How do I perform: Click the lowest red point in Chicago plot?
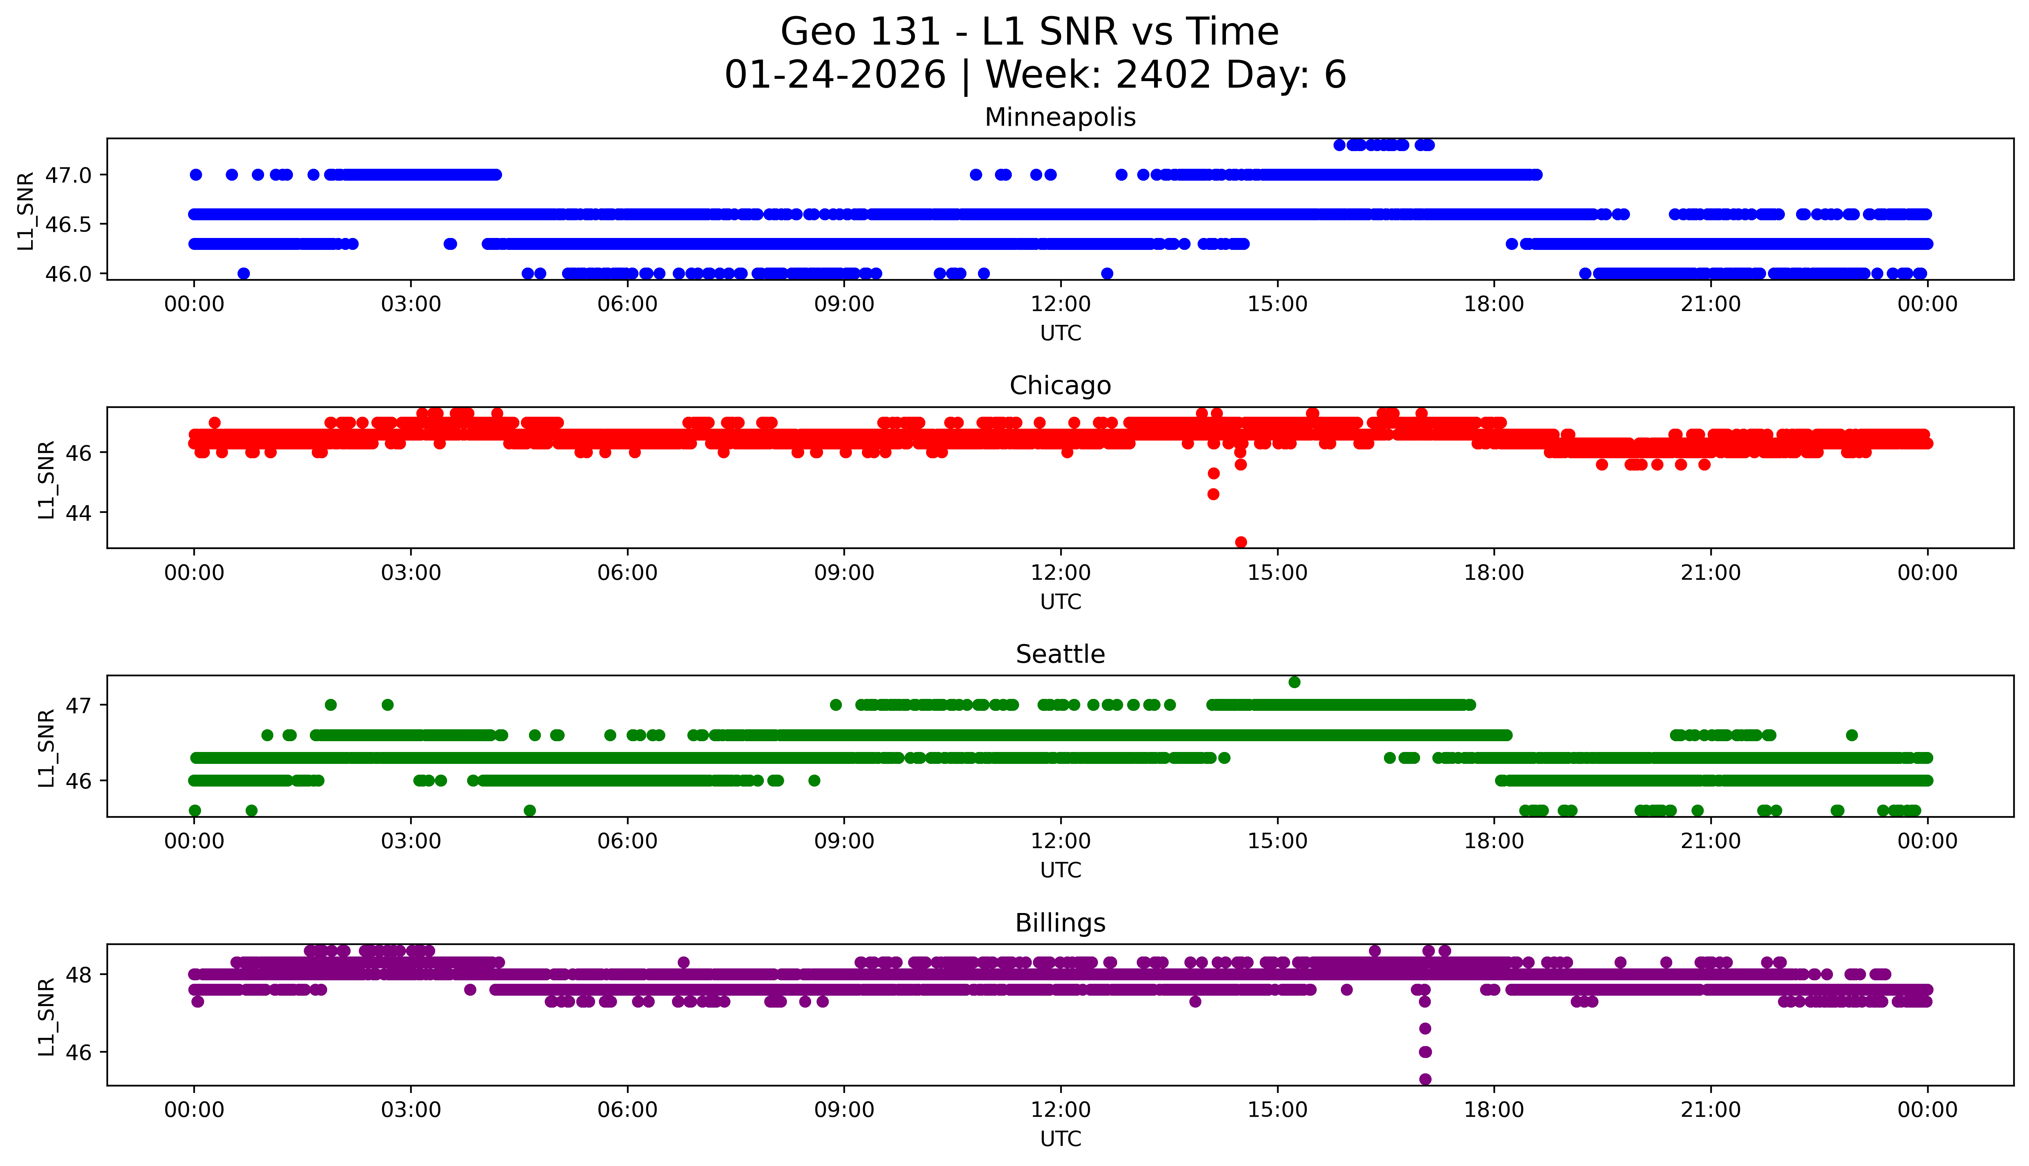(1240, 542)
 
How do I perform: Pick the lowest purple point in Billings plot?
(1424, 1079)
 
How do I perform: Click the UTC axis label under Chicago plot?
(1060, 601)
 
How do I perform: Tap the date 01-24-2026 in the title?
(835, 75)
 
